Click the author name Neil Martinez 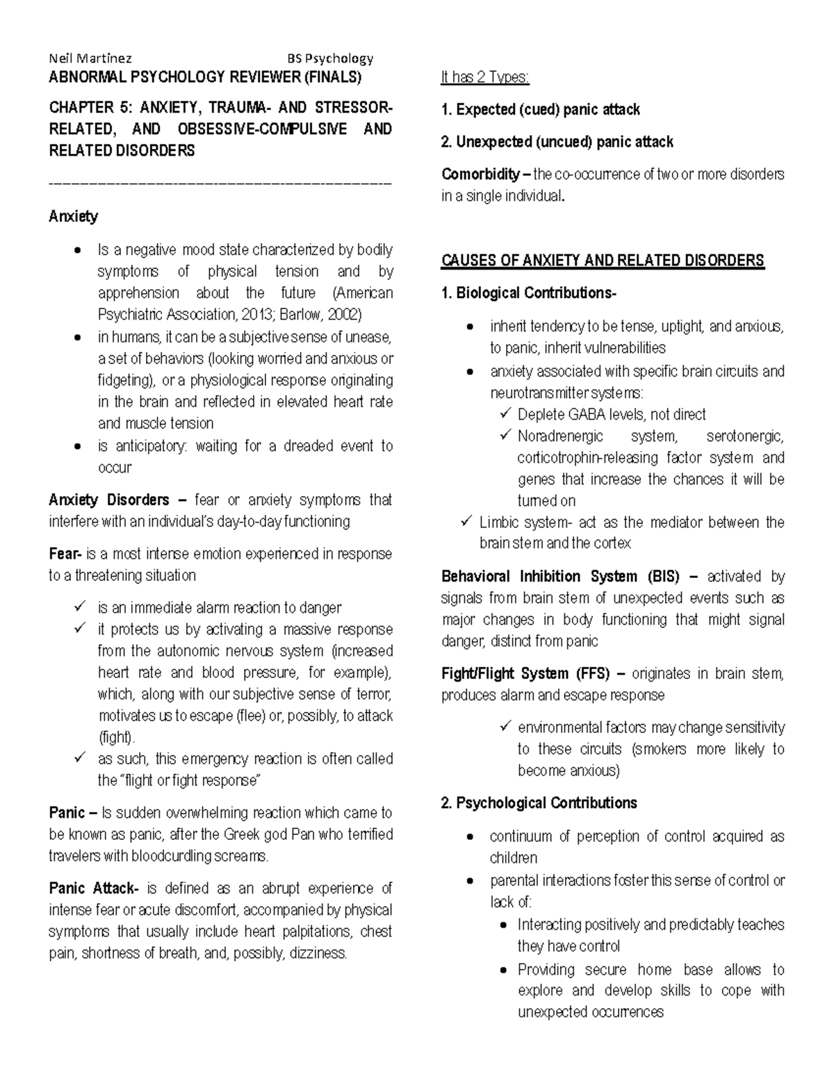click(90, 59)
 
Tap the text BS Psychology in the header click(331, 59)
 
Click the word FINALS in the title click(332, 77)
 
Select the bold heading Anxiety click(73, 217)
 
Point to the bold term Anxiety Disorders click(109, 500)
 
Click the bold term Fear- click(65, 554)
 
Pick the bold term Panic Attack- click(94, 889)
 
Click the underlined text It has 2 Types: click(485, 77)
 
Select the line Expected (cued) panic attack click(541, 110)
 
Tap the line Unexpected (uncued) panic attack click(557, 142)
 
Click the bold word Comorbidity click(480, 174)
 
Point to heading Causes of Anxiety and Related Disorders click(603, 261)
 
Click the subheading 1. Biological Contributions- click(528, 293)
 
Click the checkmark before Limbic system click(466, 521)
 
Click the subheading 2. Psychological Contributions click(539, 803)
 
